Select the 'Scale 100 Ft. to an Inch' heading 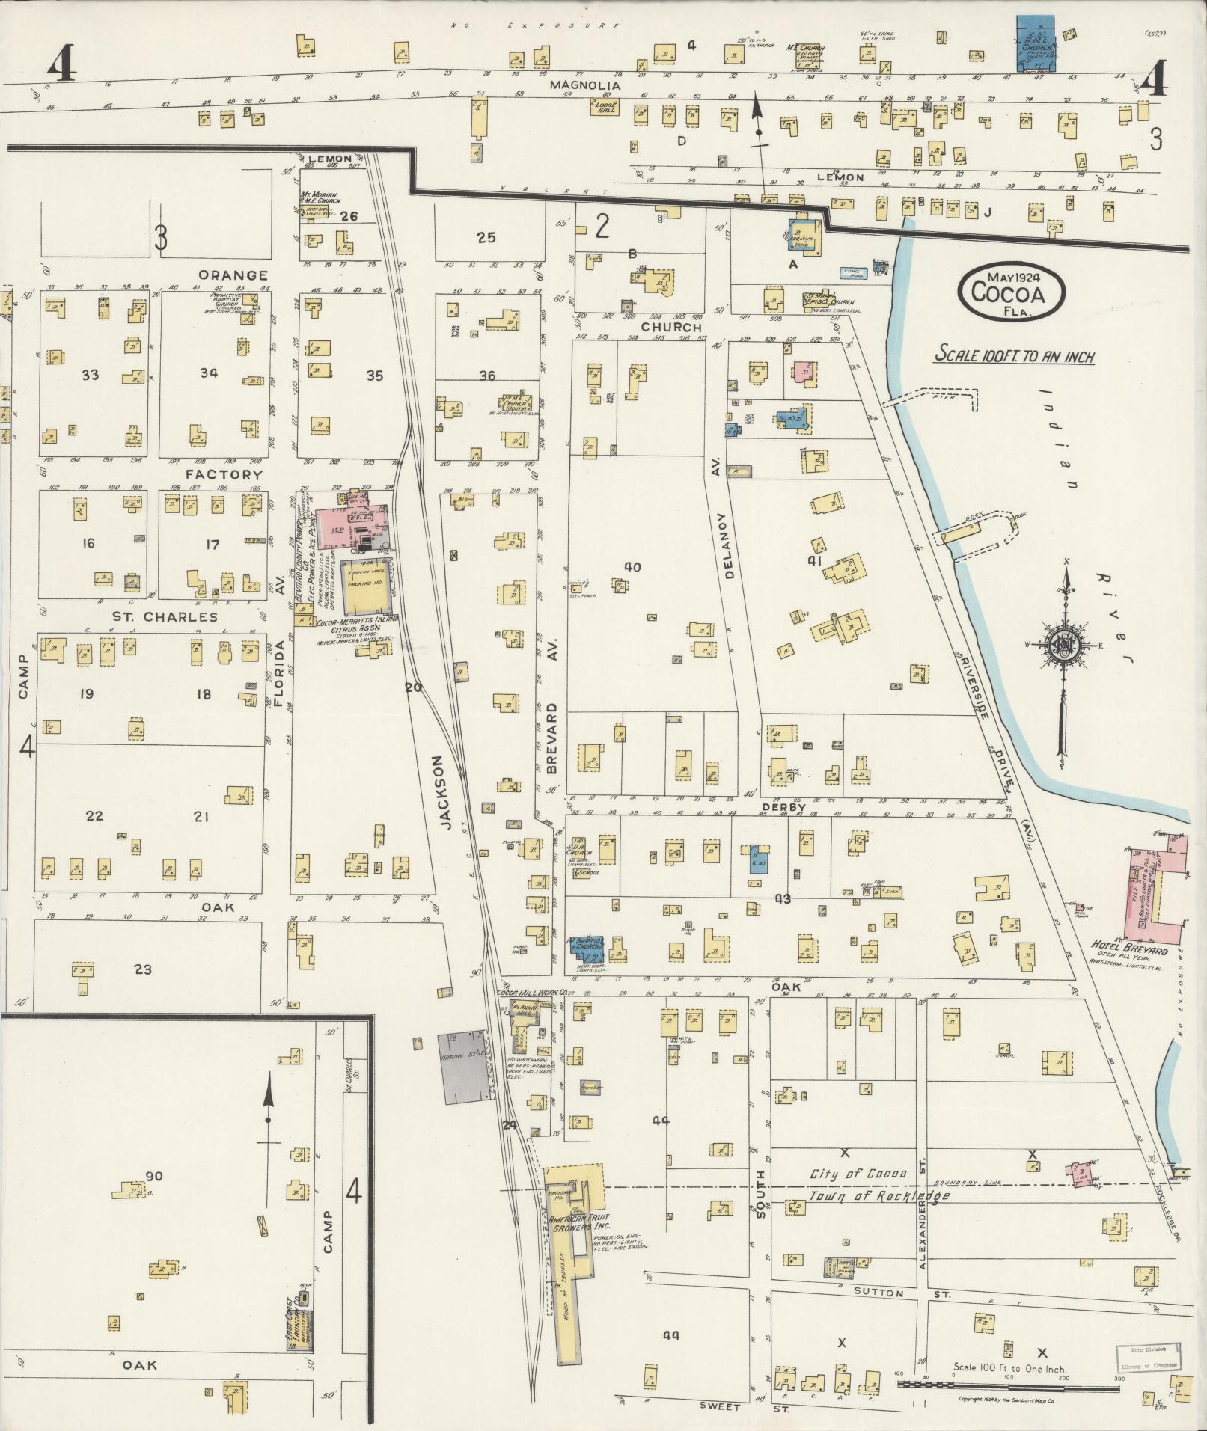[x=1014, y=357]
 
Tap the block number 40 [x=632, y=567]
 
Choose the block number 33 [x=91, y=374]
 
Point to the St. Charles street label [x=165, y=617]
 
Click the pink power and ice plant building [x=352, y=528]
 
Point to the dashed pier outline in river [x=932, y=398]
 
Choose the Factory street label [x=224, y=474]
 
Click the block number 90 [x=154, y=1177]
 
